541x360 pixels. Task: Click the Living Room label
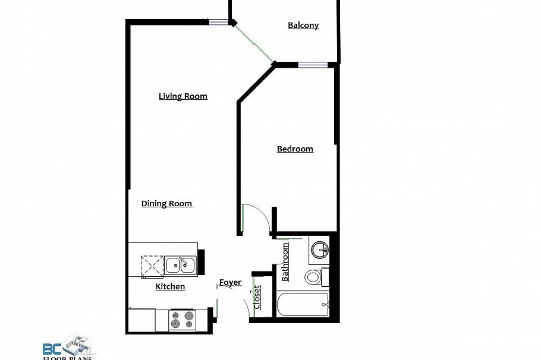pyautogui.click(x=183, y=96)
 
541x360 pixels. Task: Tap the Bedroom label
pyautogui.click(x=295, y=149)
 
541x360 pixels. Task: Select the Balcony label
pyautogui.click(x=303, y=26)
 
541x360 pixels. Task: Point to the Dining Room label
pyautogui.click(x=166, y=204)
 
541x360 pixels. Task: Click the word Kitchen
pyautogui.click(x=170, y=287)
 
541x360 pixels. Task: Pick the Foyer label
pyautogui.click(x=230, y=282)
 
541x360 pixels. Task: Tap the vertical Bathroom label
pyautogui.click(x=285, y=262)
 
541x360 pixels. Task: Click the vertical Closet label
pyautogui.click(x=257, y=297)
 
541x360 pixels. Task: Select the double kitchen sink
pyautogui.click(x=180, y=265)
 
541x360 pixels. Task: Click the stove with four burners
pyautogui.click(x=183, y=320)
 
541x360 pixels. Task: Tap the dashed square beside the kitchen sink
pyautogui.click(x=151, y=265)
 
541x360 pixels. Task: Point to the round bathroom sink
pyautogui.click(x=320, y=249)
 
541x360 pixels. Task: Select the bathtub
pyautogui.click(x=303, y=305)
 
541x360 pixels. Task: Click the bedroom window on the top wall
pyautogui.click(x=313, y=65)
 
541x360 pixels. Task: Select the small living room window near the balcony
pyautogui.click(x=218, y=23)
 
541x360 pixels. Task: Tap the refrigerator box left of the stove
pyautogui.click(x=142, y=320)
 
